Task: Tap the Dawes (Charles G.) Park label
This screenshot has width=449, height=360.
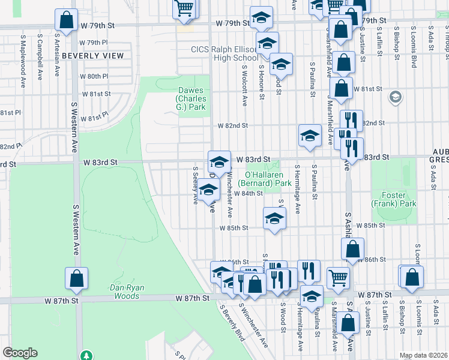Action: click(191, 94)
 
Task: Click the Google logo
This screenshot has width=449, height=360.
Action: click(20, 353)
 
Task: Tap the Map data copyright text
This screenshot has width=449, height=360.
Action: click(423, 355)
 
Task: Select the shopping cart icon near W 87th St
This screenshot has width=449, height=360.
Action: click(338, 277)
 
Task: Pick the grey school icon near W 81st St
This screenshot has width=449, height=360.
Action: click(395, 97)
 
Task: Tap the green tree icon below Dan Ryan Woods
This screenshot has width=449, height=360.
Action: click(88, 356)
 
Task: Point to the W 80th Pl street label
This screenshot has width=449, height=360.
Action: click(94, 76)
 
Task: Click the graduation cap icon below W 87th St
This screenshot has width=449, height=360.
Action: click(311, 296)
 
